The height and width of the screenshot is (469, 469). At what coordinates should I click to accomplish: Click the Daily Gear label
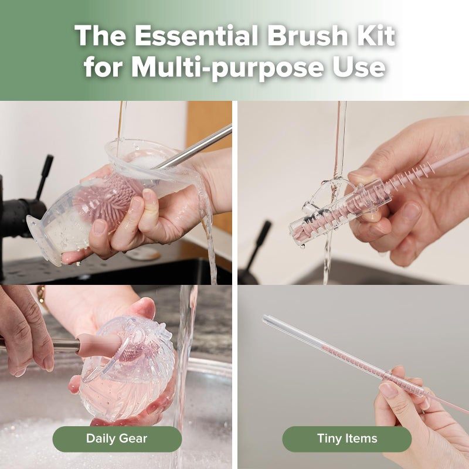117,439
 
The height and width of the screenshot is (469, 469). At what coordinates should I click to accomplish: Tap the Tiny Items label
347,439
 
